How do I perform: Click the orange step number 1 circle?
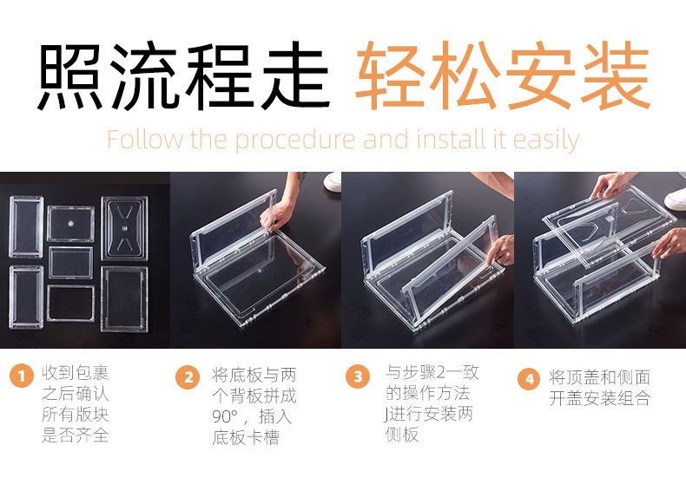pos(22,376)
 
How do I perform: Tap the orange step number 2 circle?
pos(188,377)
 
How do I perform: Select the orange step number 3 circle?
pos(358,376)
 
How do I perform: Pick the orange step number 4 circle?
pos(530,378)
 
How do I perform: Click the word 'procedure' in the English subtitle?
pos(295,141)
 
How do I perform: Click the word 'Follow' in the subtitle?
pos(145,140)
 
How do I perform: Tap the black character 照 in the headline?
pos(69,75)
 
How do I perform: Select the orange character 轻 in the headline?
pos(390,75)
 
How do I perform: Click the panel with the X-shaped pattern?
pos(124,228)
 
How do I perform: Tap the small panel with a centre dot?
pos(71,223)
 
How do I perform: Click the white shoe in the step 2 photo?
pos(333,181)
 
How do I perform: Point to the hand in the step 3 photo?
pos(501,250)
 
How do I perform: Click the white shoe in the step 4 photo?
pos(676,199)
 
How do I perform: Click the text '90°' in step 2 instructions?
pos(225,416)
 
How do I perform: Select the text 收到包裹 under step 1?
pos(76,373)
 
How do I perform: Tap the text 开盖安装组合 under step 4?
pos(600,398)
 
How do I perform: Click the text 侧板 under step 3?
pos(402,434)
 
